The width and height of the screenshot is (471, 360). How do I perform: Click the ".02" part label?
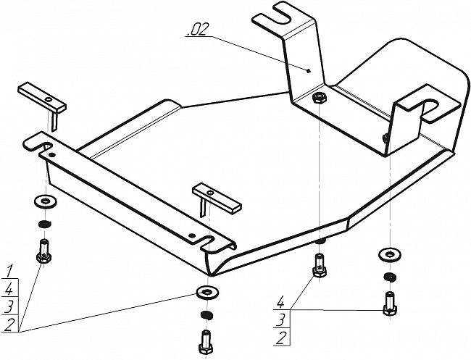pos(197,30)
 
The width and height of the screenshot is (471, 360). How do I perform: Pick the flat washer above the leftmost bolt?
pos(44,201)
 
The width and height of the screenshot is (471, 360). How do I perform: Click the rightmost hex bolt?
pos(389,301)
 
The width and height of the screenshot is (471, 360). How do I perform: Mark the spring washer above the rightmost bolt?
pos(389,277)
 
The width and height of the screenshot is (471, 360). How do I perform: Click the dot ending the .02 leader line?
pos(309,70)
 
